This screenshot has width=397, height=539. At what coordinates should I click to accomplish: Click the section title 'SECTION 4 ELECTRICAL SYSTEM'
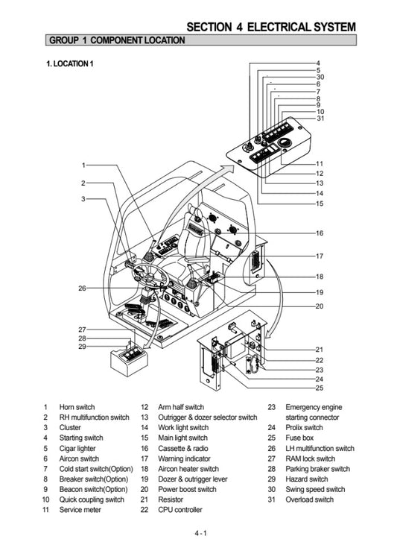tap(270, 27)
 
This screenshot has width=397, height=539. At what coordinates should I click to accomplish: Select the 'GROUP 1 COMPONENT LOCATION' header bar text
tap(116, 40)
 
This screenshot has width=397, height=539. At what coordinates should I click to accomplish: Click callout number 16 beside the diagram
tap(319, 233)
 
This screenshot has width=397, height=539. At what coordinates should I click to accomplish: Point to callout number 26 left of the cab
tap(82, 288)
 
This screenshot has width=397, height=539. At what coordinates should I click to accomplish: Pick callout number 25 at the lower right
tap(319, 388)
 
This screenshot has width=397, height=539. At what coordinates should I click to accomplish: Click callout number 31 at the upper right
tap(320, 119)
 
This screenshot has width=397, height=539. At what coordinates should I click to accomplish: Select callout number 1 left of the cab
tap(83, 165)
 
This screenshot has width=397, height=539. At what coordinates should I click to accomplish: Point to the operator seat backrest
tap(191, 231)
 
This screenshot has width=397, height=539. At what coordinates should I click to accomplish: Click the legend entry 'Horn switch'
tap(77, 408)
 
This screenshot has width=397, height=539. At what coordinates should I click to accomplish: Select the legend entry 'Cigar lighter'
tap(78, 449)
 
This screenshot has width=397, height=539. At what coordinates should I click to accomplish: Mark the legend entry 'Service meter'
tap(80, 510)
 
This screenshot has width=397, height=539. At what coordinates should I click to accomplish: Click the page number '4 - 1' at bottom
tap(200, 532)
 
